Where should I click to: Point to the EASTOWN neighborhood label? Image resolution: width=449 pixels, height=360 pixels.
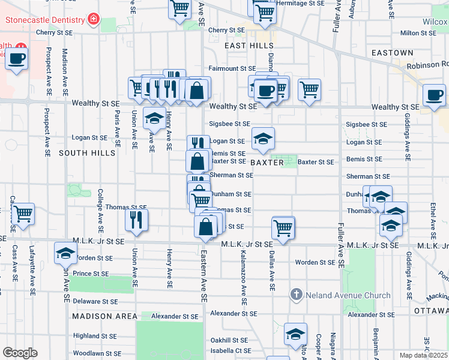pos(392,53)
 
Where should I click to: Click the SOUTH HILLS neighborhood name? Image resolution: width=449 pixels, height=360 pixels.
pos(87,154)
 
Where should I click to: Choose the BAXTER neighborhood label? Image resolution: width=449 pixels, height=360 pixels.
pos(266,163)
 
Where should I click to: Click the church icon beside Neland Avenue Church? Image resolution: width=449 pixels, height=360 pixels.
pos(295,295)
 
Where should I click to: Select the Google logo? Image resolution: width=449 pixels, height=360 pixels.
pos(20,352)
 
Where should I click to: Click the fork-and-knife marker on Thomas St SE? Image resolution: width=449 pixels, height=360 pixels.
pos(137,219)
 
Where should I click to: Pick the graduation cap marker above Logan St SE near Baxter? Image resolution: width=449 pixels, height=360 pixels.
pos(263,139)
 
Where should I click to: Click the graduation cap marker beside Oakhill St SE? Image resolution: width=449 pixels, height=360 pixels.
pos(295,334)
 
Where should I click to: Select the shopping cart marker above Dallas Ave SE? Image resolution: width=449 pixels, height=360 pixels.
pos(283,227)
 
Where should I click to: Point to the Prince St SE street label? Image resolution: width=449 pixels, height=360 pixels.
pos(91,274)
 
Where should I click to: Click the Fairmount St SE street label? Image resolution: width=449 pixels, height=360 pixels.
pos(232,69)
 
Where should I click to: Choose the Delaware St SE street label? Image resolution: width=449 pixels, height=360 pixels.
pos(95,302)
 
